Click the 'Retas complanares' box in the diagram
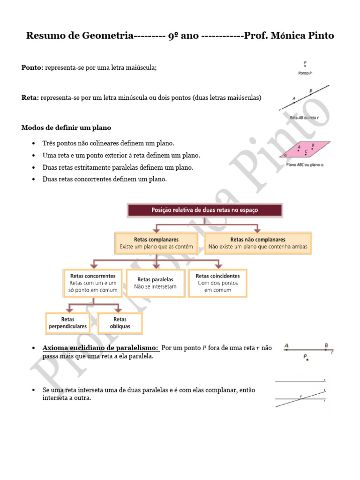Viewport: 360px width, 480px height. pos(156,242)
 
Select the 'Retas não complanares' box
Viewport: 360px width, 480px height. pos(258,242)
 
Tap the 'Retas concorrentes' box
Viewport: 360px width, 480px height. pos(92,283)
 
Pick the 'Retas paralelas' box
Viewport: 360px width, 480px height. pos(155,283)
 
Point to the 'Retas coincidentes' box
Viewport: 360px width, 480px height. pos(217,283)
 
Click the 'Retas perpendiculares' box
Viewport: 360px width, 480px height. pos(67,322)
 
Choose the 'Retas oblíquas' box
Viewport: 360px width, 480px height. pos(120,322)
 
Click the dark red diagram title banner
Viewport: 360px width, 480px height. pos(205,210)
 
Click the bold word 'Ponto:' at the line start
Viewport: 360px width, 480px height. pos(32,67)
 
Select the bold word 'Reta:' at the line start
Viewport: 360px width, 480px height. pos(30,97)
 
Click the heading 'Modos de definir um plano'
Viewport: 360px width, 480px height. pos(66,127)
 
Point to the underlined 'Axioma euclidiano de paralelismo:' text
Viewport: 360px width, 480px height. pos(101,348)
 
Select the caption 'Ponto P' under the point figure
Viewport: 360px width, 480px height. pos(305,74)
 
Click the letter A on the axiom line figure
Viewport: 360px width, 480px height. pos(286,346)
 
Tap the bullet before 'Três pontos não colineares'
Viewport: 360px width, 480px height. pos(34,143)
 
